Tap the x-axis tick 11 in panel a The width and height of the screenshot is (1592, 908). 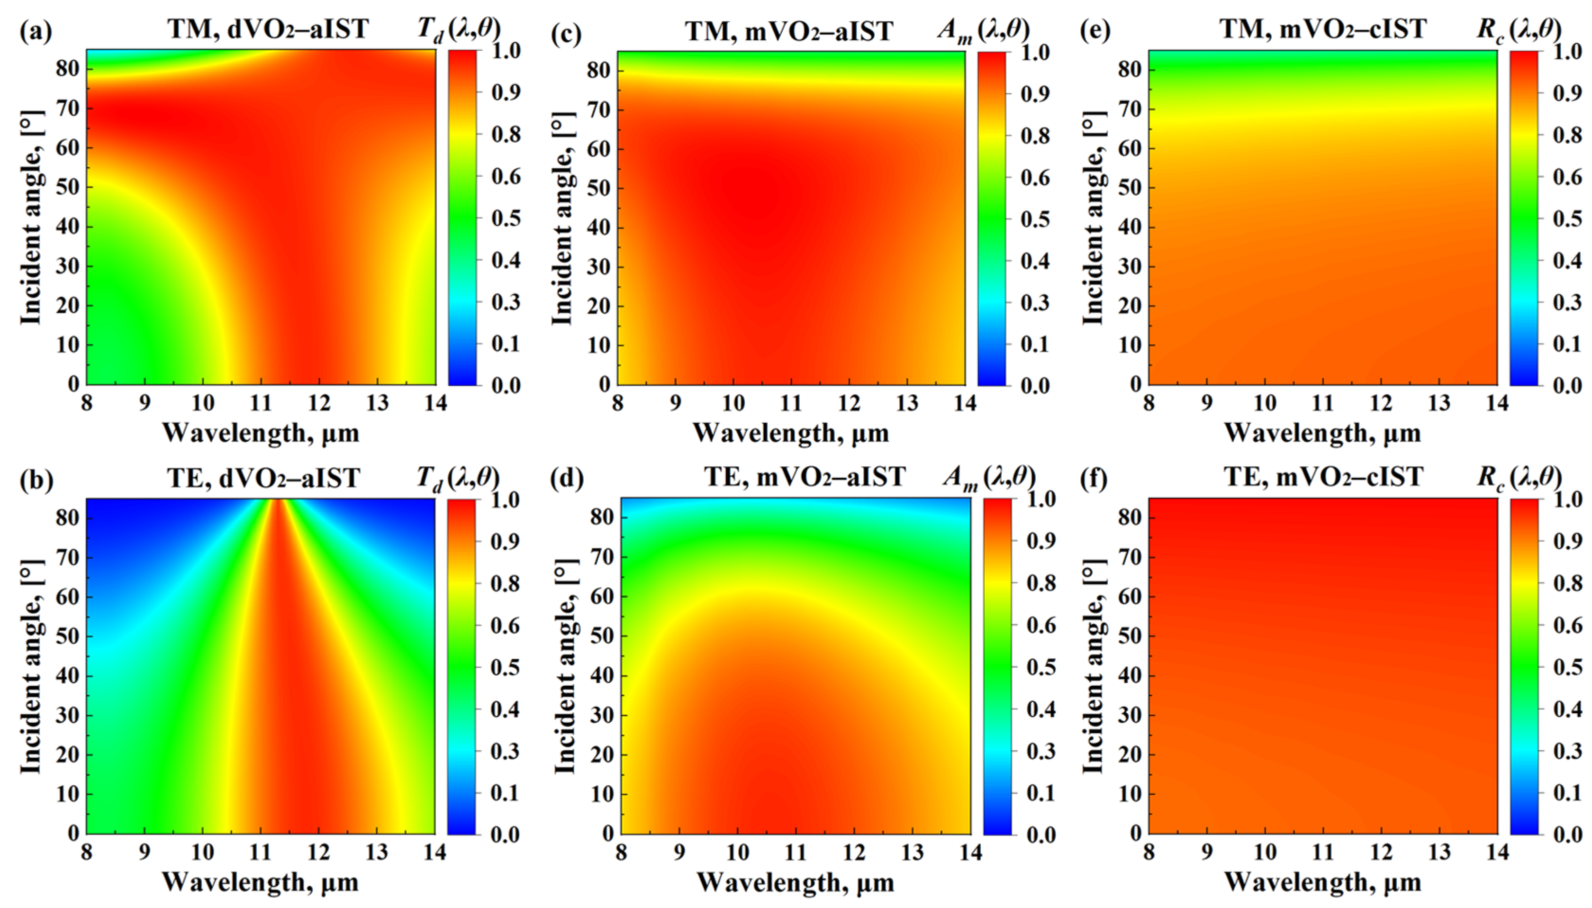[261, 403]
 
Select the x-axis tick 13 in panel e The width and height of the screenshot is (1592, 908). [1438, 403]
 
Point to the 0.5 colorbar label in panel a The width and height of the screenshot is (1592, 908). [506, 218]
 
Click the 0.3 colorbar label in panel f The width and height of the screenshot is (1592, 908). [1566, 751]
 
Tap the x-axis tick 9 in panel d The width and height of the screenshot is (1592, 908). [679, 852]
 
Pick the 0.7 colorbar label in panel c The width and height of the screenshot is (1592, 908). [1035, 178]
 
